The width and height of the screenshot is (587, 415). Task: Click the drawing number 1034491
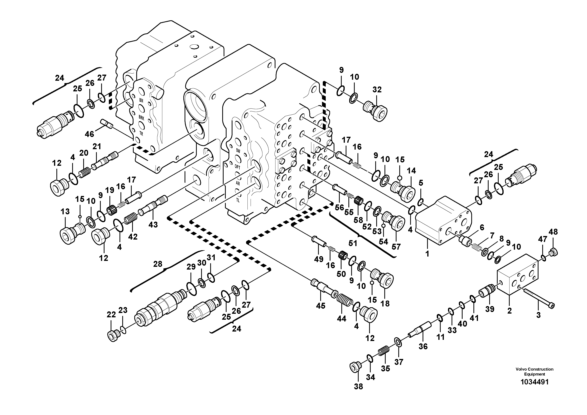(534, 382)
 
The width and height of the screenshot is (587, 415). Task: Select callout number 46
(90, 134)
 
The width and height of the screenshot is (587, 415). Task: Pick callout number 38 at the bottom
(358, 387)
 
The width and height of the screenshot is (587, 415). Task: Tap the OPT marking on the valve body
(238, 167)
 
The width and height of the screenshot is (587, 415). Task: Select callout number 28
(158, 264)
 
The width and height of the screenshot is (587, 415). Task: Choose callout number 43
(153, 224)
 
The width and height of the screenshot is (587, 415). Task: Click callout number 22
(111, 315)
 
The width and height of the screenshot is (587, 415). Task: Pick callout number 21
(97, 146)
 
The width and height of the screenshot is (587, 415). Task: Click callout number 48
(553, 232)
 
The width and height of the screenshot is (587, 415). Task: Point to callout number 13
(65, 211)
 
